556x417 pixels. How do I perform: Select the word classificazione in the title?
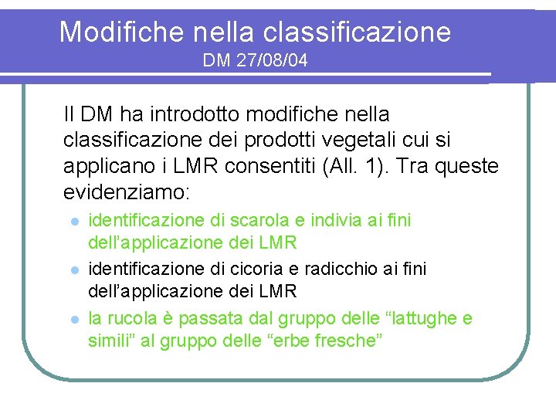[358, 32]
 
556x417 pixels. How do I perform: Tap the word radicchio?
[337, 269]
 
